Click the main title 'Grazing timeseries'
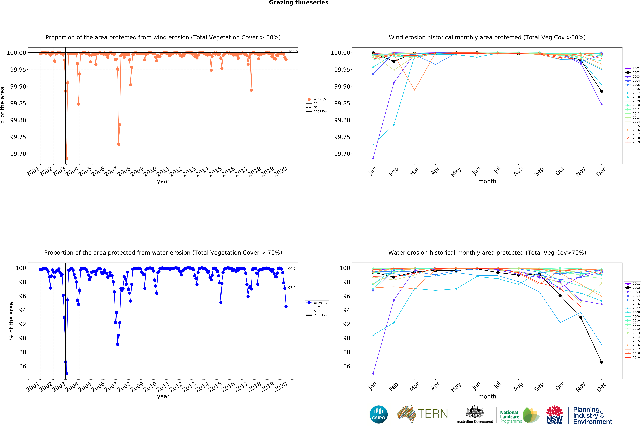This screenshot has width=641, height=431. (x=299, y=3)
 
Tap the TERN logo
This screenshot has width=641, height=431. (x=422, y=414)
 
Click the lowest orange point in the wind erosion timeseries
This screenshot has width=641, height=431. (x=66, y=159)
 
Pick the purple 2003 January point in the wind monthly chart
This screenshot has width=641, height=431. (x=373, y=158)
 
